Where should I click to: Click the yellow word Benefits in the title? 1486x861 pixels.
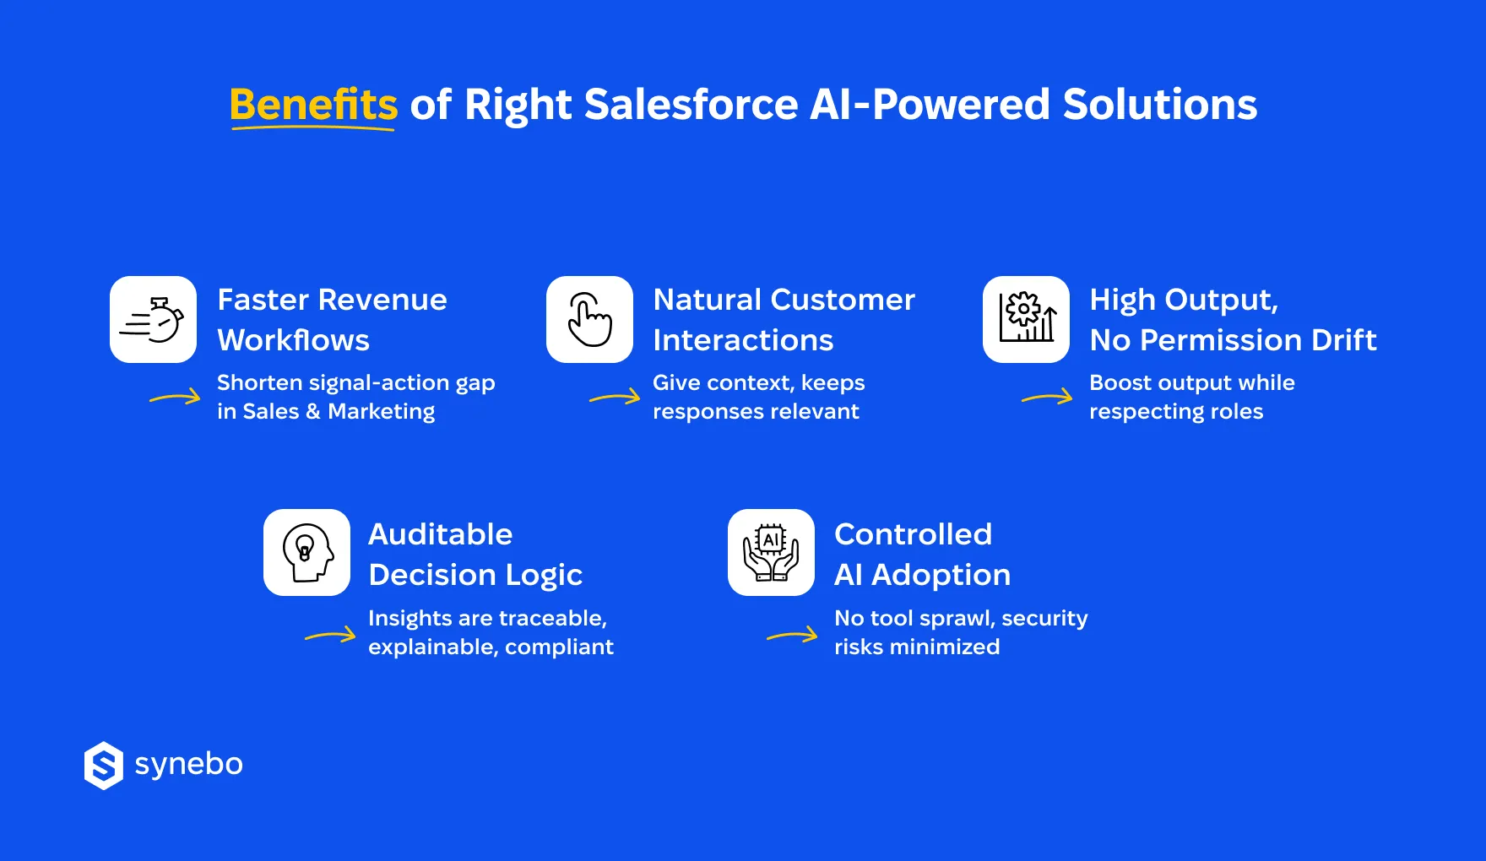click(x=313, y=105)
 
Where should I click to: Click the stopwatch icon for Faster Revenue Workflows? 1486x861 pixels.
click(x=153, y=319)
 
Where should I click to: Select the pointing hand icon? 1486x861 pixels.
click(x=589, y=319)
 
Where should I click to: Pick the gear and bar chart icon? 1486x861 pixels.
click(x=1026, y=319)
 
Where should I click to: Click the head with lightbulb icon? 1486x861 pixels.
click(x=306, y=552)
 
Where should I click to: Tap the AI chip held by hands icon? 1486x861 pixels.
click(x=771, y=552)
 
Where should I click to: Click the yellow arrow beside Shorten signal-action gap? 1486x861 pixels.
click(x=176, y=397)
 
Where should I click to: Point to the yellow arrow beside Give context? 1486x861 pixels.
click(x=615, y=397)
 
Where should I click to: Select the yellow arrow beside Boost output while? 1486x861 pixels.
click(x=1047, y=397)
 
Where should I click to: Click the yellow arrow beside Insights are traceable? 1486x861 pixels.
click(x=330, y=636)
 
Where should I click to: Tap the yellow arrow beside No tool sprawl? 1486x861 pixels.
click(x=792, y=636)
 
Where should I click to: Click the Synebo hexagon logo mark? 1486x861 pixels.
click(x=104, y=766)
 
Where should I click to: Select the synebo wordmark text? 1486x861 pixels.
click(x=188, y=764)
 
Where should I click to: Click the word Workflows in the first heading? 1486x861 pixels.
click(x=293, y=340)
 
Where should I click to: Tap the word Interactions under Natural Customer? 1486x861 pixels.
click(x=743, y=340)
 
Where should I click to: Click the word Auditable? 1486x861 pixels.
click(x=440, y=534)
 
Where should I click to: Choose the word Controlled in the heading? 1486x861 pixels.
click(x=913, y=534)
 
